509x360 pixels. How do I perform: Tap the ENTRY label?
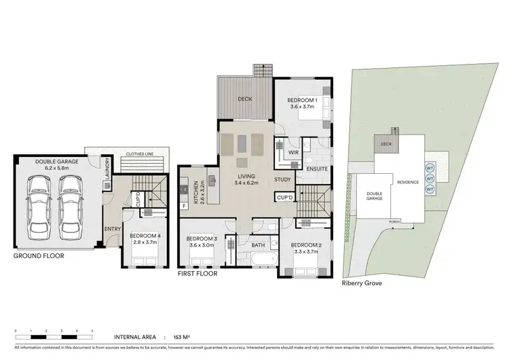tap(113, 228)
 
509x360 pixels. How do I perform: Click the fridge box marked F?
tap(184, 205)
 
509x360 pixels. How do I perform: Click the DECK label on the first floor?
tap(246, 99)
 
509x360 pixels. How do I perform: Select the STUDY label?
tap(282, 179)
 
